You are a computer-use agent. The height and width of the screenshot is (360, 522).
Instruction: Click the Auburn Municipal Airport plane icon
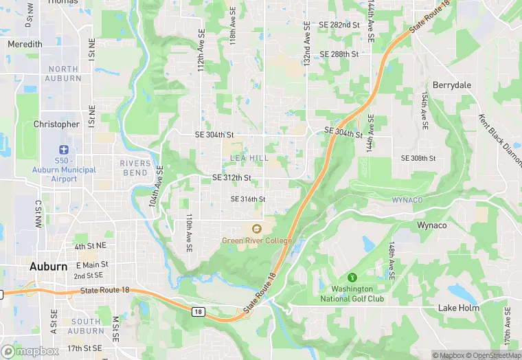coord(64,149)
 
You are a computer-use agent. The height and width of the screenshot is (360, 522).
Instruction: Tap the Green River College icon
coord(257,229)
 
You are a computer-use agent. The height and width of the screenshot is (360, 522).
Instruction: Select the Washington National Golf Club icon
coord(352,278)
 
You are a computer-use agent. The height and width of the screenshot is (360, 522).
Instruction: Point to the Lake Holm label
coord(459,308)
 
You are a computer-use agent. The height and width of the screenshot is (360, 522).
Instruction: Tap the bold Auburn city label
coord(48,267)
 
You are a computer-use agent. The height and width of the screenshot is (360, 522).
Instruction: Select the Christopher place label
coord(56,124)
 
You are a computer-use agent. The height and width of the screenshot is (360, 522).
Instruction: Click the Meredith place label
coord(25,44)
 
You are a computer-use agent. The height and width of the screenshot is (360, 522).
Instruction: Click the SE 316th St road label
coord(247,199)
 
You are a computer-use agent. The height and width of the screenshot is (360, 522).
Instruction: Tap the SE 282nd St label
coord(339,25)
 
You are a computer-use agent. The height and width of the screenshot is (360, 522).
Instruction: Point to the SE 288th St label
coord(339,54)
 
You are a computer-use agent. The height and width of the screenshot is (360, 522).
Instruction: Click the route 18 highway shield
coord(198,311)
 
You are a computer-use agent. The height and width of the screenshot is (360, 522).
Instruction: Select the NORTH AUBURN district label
coord(63,74)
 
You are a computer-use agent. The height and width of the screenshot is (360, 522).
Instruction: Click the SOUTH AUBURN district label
coord(86,326)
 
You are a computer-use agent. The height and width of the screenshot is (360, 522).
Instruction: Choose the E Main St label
coord(92,265)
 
